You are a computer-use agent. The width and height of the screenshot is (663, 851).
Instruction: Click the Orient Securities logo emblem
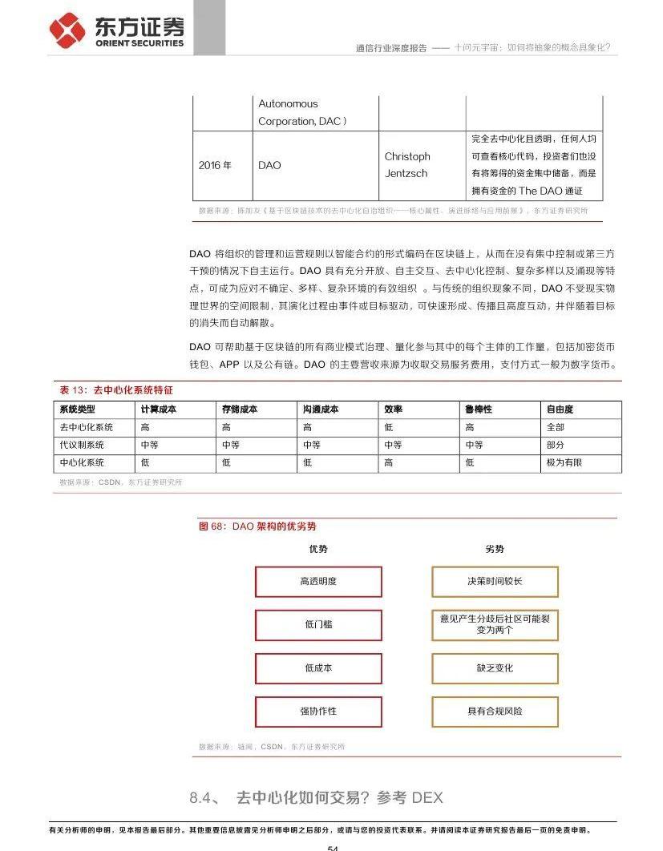[67, 30]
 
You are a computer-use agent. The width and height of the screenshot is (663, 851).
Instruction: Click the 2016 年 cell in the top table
[215, 165]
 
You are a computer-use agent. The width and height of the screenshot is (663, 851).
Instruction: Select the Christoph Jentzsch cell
[407, 165]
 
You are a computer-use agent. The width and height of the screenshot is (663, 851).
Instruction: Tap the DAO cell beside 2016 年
[270, 165]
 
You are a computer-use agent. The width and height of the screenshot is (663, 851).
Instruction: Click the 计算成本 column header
[159, 409]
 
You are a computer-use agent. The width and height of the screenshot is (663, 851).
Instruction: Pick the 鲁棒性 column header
[479, 409]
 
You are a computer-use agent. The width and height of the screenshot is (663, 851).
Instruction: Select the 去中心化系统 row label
[87, 427]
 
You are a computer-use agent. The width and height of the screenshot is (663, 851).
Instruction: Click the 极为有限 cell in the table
[564, 462]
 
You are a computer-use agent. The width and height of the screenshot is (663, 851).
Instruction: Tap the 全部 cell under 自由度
[556, 427]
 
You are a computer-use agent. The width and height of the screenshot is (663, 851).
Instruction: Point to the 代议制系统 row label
[82, 445]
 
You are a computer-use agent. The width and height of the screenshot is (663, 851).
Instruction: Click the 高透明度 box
[318, 582]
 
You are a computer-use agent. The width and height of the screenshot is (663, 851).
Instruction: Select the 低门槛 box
[318, 624]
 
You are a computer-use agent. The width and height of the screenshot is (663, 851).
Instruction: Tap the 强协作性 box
[318, 711]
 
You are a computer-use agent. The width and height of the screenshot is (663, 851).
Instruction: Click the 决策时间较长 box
[495, 582]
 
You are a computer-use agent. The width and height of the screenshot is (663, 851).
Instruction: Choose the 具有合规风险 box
[495, 711]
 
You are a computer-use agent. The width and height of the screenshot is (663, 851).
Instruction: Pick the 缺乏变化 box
[495, 667]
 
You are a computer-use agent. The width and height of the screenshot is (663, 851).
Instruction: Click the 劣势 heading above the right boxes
[495, 549]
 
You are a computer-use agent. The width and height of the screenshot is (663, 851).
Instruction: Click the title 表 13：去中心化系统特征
[116, 390]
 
